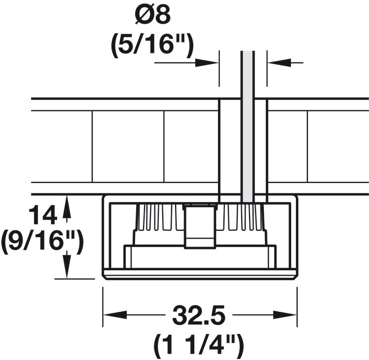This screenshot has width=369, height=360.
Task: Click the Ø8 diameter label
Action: pyautogui.click(x=153, y=15)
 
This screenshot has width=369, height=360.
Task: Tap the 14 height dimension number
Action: pyautogui.click(x=43, y=215)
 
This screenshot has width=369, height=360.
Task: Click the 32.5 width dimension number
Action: pyautogui.click(x=199, y=315)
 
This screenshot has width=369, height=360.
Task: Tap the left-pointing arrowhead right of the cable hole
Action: pyautogui.click(x=279, y=63)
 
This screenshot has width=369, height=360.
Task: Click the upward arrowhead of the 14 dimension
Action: pyautogui.click(x=67, y=207)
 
